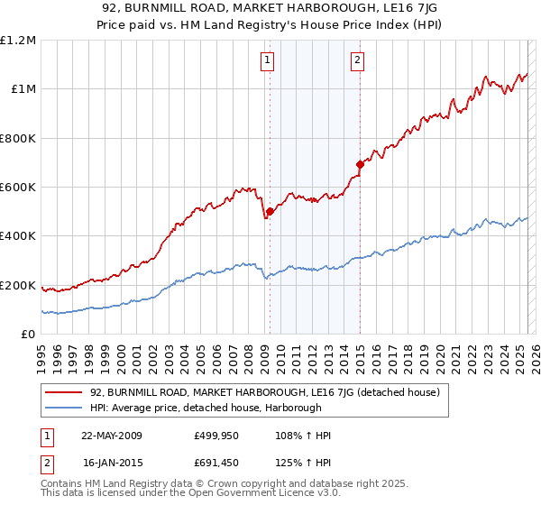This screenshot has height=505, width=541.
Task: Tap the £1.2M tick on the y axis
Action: [x=18, y=41]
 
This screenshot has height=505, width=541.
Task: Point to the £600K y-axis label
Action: [x=18, y=188]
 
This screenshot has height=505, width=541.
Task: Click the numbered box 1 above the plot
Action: [x=269, y=60]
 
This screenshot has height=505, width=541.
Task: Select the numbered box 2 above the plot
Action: [x=357, y=60]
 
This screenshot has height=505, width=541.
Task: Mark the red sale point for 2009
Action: [x=270, y=212]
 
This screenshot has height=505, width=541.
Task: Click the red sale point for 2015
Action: [x=360, y=164]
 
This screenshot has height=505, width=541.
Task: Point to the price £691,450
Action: [x=215, y=464]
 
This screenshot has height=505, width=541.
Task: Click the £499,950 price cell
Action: [x=215, y=436]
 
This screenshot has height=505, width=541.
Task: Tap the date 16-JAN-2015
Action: [x=111, y=464]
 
